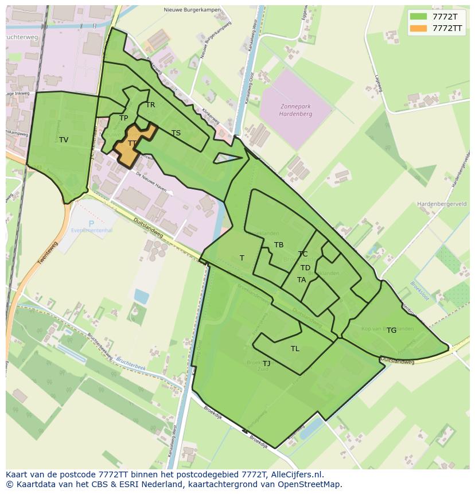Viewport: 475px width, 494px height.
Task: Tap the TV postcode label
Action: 64,140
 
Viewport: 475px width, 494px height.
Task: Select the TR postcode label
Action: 150,105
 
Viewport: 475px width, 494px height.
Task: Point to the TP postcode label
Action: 123,118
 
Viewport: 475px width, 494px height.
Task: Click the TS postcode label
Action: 176,133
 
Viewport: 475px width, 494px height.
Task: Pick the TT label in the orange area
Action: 132,143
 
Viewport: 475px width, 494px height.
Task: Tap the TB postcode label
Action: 279,245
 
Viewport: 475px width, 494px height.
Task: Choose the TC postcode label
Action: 303,254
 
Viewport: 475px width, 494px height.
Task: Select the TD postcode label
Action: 305,268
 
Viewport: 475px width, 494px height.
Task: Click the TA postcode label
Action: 301,280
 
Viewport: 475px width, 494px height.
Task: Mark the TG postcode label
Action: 391,330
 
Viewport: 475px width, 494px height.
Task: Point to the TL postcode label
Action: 295,349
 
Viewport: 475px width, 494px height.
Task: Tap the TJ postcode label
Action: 267,364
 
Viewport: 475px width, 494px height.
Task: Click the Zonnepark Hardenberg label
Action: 295,110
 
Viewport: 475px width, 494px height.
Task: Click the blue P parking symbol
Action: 91,224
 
